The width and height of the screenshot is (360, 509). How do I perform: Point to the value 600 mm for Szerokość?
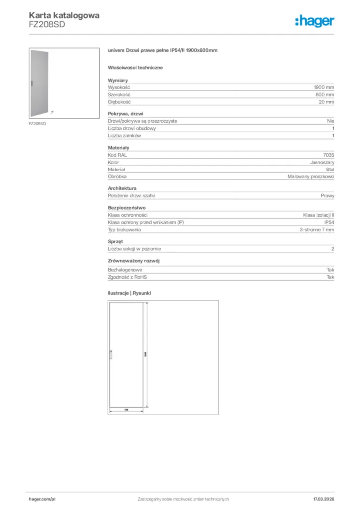click(325, 94)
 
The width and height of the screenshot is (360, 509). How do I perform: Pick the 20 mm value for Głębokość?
click(327, 102)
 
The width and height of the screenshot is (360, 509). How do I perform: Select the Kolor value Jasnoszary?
click(322, 162)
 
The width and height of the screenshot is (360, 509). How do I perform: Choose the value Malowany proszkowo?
click(311, 176)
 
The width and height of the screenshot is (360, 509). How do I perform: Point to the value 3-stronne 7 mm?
click(317, 229)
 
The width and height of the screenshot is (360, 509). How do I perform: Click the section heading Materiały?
click(118, 148)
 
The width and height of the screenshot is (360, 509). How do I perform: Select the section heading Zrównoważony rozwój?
click(134, 260)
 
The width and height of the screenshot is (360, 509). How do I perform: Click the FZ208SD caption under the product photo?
click(37, 123)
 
